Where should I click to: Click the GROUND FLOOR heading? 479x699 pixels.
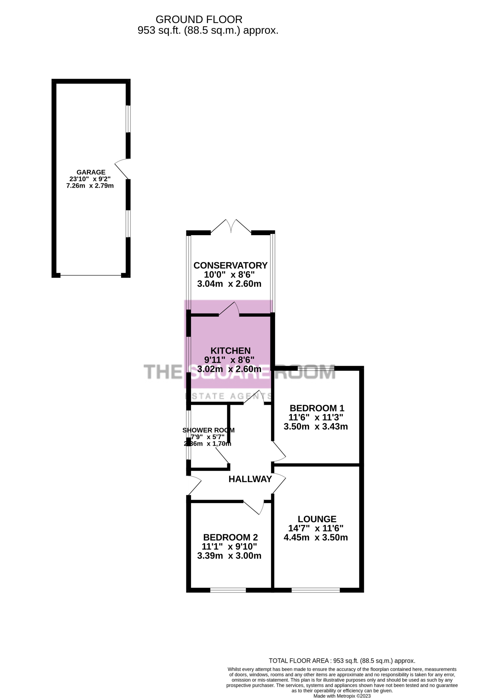point(199,20)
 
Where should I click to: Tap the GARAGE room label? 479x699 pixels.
point(91,172)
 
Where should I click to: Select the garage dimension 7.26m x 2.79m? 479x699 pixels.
point(90,186)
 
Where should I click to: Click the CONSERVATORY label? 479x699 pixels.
point(230,265)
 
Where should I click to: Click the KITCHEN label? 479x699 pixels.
point(230,351)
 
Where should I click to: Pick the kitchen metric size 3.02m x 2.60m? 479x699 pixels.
point(229,369)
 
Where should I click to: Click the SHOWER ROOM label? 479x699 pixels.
point(208,430)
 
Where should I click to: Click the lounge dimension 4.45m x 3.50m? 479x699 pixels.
point(316,538)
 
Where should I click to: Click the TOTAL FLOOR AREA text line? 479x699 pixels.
point(342,661)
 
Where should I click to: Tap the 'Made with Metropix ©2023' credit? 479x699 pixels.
point(342,696)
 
